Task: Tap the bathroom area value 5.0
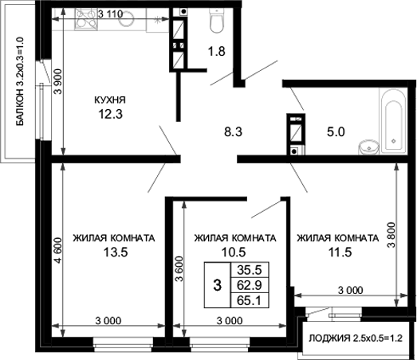[335, 133]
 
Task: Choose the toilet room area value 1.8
[216, 53]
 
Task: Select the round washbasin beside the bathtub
[368, 147]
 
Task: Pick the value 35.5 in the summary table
[250, 270]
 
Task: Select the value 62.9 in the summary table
[250, 284]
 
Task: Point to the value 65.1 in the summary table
[250, 299]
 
